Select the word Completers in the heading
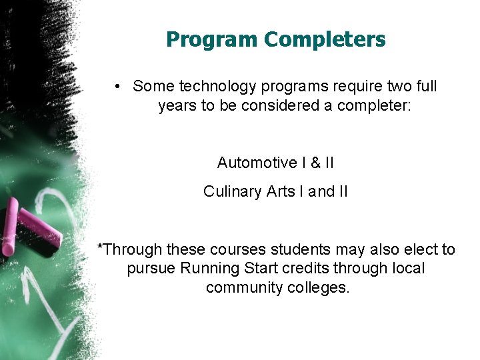(325, 40)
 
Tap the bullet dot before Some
(117, 86)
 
